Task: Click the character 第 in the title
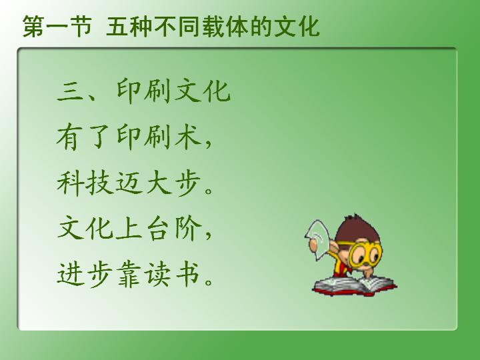(x=33, y=26)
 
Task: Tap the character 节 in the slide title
(x=81, y=26)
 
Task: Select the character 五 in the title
(x=117, y=27)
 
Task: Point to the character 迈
(x=129, y=183)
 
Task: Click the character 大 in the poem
(x=159, y=183)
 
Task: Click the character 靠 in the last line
(x=129, y=274)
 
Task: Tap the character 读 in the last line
(x=158, y=274)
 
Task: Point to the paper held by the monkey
(x=317, y=239)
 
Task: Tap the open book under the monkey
(x=355, y=287)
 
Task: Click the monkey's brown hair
(x=358, y=229)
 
